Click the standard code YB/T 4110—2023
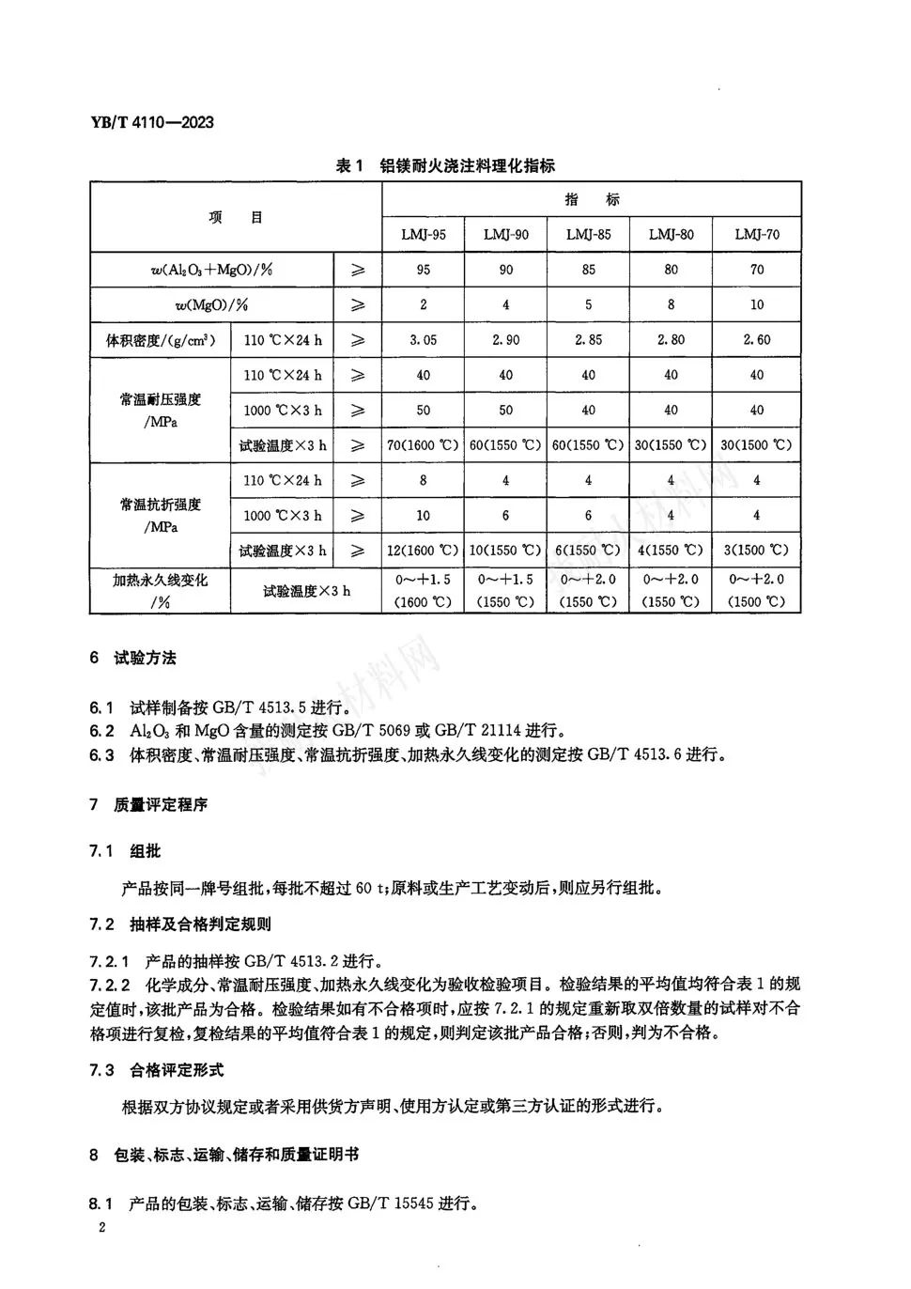tap(151, 122)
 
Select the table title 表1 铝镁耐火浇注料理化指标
tap(445, 166)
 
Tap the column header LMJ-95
tap(423, 234)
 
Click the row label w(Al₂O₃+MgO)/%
tap(211, 270)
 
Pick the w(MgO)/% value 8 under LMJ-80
tap(671, 304)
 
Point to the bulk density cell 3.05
tap(423, 339)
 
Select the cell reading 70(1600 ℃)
tap(423, 444)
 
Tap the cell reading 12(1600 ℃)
tap(423, 550)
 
